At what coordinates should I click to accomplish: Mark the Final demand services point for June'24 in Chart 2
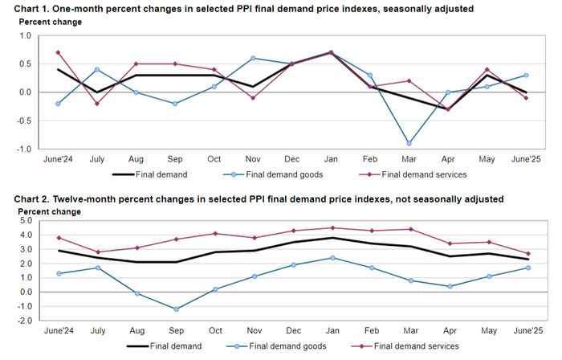[x=58, y=238]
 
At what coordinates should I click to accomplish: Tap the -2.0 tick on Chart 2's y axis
[x=23, y=320]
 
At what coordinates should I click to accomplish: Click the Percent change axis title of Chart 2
[x=50, y=212]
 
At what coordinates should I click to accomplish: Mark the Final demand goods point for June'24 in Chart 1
[x=58, y=104]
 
